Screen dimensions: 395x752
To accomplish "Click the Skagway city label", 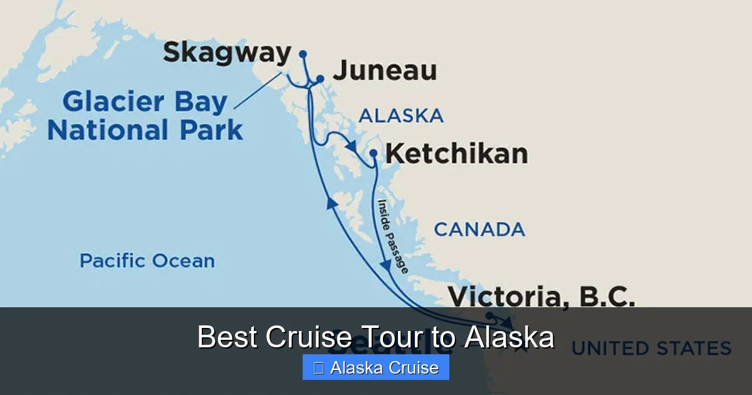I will point(227,53).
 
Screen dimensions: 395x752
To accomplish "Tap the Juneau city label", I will point(384,71).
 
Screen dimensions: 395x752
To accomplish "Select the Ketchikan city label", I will point(456,154).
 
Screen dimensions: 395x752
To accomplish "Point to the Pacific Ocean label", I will point(147,261).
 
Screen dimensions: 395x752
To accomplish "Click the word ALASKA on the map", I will point(401,115).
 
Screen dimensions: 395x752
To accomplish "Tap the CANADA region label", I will point(479,229).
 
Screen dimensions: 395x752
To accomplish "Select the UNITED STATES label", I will point(652,348).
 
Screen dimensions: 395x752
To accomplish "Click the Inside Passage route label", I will point(393,236).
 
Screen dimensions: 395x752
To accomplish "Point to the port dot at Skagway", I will point(303,53).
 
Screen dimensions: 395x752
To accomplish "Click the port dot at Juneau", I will point(320,79).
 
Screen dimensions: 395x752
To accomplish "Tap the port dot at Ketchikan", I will point(373,152).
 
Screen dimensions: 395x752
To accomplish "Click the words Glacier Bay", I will point(145,102).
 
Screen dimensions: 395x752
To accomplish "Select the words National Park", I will point(145,130).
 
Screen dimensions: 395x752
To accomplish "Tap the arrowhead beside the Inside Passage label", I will point(385,265).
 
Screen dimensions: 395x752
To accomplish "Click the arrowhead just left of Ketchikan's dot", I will point(352,146).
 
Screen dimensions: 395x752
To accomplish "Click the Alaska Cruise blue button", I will point(375,367).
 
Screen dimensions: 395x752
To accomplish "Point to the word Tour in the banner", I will point(391,337).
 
